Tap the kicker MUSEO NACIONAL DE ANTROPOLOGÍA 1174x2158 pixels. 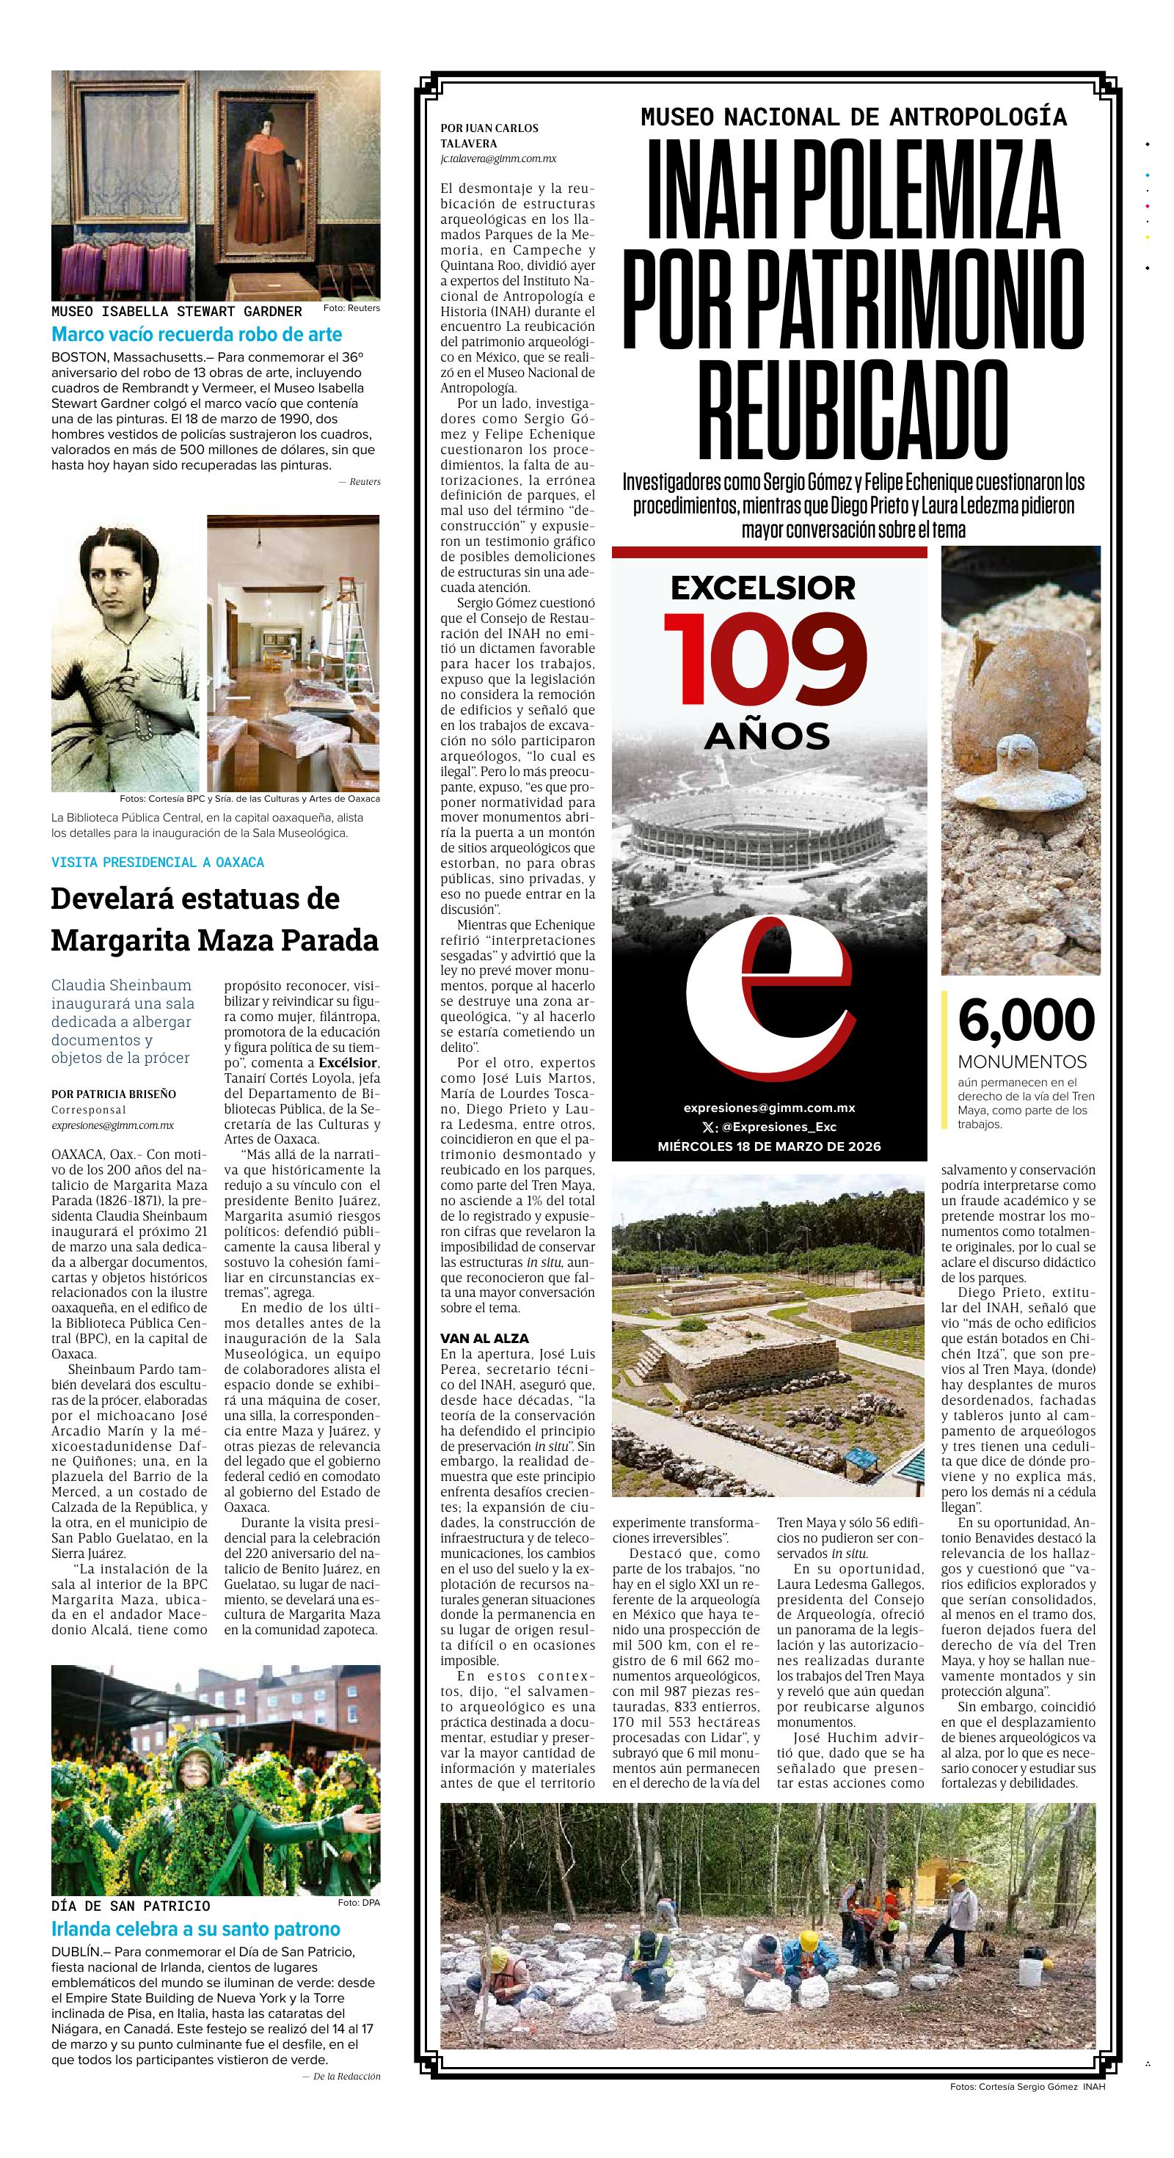(x=853, y=117)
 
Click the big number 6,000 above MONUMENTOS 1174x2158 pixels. (x=1026, y=1020)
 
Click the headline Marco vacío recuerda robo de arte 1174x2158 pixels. (x=197, y=334)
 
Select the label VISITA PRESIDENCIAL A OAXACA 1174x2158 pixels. (x=158, y=862)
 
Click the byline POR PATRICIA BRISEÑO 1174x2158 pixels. (x=114, y=1093)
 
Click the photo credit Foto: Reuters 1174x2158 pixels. (x=351, y=308)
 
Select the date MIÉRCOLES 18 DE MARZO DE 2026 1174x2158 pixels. (x=768, y=1146)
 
